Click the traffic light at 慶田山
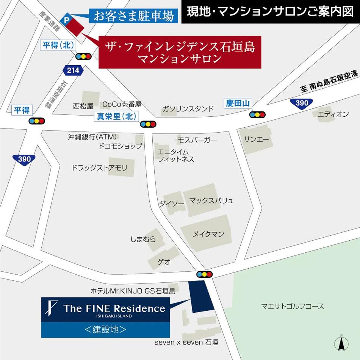click(x=257, y=114)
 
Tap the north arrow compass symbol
click(x=341, y=343)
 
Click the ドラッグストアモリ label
click(x=100, y=167)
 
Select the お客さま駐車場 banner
click(x=134, y=16)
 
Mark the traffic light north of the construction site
click(x=204, y=274)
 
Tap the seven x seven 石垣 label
click(x=186, y=342)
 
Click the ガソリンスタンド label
click(x=188, y=109)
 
